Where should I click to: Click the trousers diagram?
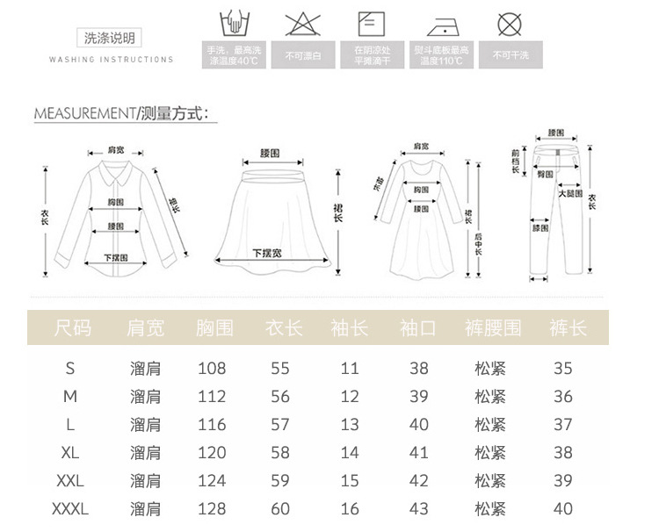555,206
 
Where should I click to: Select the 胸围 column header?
214,328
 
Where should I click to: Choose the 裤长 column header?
568,328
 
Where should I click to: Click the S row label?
70,368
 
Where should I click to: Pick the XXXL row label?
70,508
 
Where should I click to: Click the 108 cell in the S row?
212,368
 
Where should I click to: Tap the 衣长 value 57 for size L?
280,425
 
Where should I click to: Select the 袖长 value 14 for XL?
350,453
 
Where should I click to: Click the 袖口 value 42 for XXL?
419,481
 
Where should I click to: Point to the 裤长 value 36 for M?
563,397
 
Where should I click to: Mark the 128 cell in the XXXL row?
212,508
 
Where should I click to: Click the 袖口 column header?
418,328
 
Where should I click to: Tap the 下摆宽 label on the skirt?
266,253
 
